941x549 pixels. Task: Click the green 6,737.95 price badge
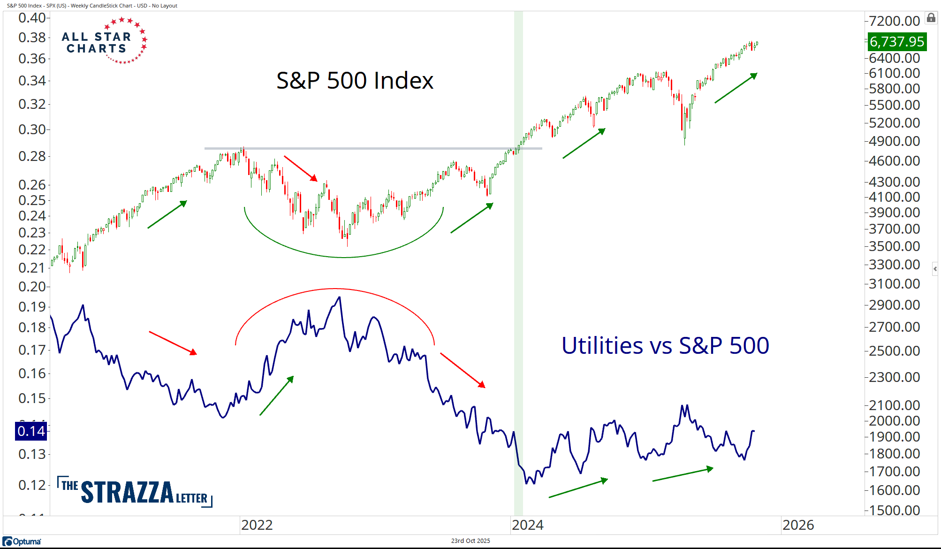(896, 42)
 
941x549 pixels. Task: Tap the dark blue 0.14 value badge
(31, 431)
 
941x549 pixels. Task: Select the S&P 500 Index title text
(355, 80)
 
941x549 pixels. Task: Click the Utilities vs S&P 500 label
(665, 346)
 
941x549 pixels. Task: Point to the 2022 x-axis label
(257, 525)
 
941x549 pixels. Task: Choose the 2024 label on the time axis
(527, 525)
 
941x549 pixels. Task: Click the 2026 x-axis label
(798, 525)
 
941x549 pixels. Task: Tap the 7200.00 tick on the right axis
(894, 21)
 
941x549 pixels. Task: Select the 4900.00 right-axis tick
(894, 141)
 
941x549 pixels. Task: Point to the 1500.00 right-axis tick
(894, 510)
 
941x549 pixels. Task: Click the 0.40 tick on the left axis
(32, 18)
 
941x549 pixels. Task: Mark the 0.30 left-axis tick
(32, 130)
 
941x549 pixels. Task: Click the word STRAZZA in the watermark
(127, 492)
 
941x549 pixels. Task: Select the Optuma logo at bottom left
(22, 541)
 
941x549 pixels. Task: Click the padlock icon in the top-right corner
(931, 18)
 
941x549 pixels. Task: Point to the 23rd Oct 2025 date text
(470, 541)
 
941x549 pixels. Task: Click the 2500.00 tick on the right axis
(894, 351)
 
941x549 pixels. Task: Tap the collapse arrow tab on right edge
(935, 269)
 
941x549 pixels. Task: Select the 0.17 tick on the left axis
(32, 350)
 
